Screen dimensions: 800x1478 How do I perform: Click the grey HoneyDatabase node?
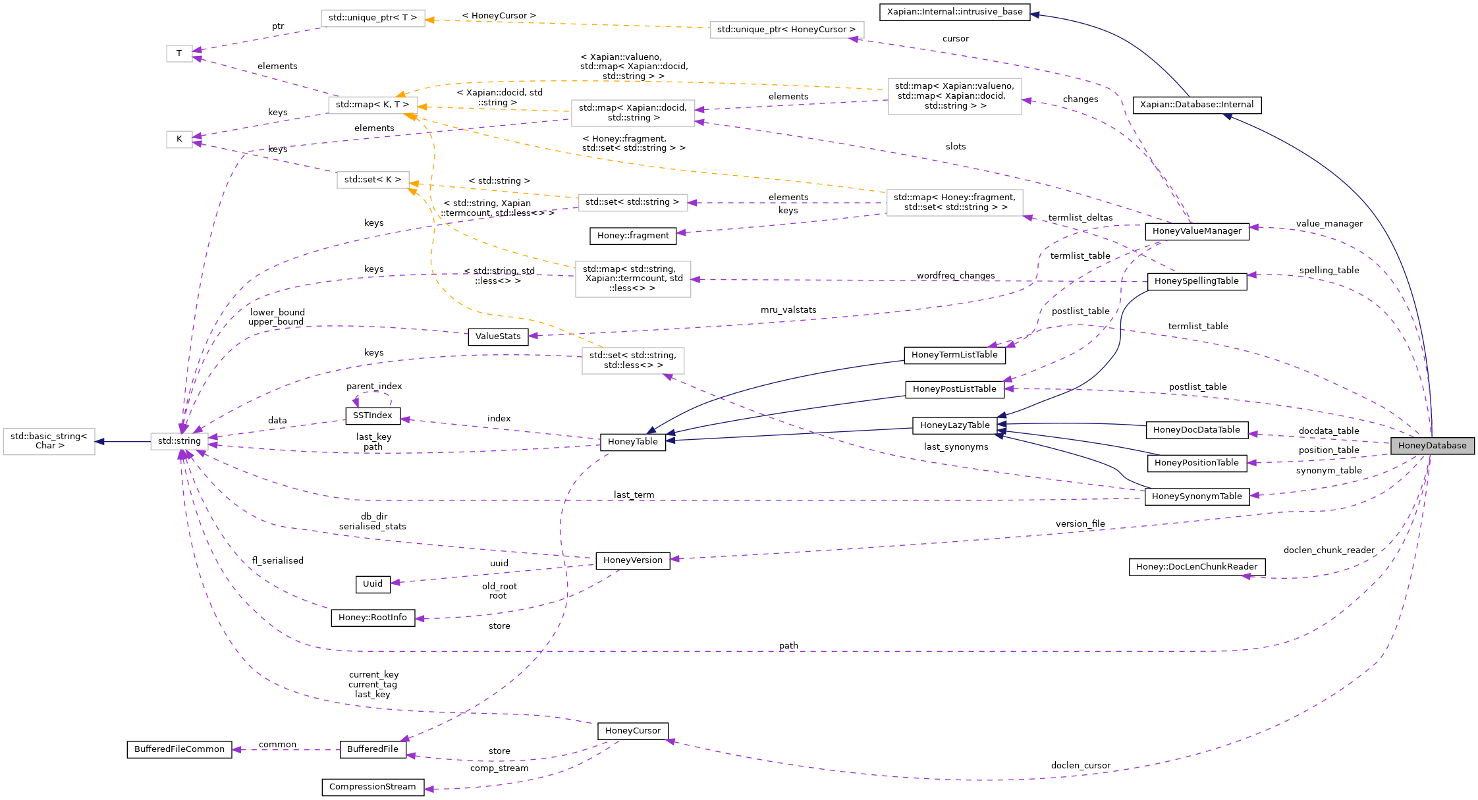click(x=1432, y=446)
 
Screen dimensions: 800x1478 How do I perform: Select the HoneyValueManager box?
click(x=1197, y=231)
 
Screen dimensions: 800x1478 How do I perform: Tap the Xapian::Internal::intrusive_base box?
click(x=954, y=12)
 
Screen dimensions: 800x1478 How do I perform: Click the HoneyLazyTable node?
click(x=954, y=425)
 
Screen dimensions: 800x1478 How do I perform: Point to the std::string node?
click(x=179, y=441)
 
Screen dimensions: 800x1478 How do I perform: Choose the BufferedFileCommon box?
click(x=179, y=749)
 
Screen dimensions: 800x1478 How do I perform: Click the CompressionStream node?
click(x=372, y=787)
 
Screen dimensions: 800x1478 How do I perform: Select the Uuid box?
click(x=372, y=584)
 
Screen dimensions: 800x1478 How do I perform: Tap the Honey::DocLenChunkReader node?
click(x=1196, y=567)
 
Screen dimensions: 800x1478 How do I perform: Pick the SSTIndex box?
click(x=372, y=415)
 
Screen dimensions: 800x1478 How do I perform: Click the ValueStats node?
click(x=497, y=336)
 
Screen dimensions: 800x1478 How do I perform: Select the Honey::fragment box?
click(x=632, y=236)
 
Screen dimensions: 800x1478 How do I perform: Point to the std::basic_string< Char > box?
click(x=49, y=441)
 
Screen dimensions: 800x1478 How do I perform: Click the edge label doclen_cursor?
click(x=1080, y=765)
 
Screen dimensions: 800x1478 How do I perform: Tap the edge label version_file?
click(x=1080, y=524)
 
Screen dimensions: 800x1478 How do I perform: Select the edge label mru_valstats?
click(x=788, y=310)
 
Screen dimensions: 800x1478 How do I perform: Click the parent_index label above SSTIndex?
click(x=373, y=387)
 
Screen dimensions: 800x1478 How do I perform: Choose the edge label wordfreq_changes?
click(x=955, y=276)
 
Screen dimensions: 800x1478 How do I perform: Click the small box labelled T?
click(x=179, y=53)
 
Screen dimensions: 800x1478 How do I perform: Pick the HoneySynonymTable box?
click(x=1196, y=496)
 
